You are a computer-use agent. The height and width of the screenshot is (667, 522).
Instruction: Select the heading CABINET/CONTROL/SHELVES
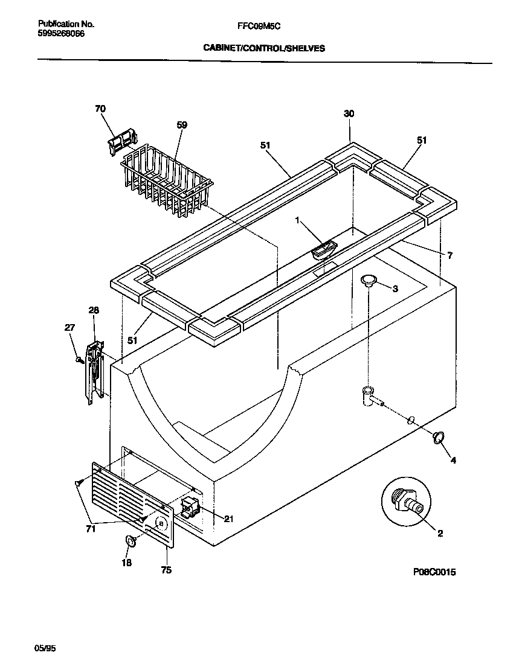263,48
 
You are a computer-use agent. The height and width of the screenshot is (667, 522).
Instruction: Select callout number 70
100,109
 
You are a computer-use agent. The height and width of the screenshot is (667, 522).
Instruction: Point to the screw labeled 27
79,360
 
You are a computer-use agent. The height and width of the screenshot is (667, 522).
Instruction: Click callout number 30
349,113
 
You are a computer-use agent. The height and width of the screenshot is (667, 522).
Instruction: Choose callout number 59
182,125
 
